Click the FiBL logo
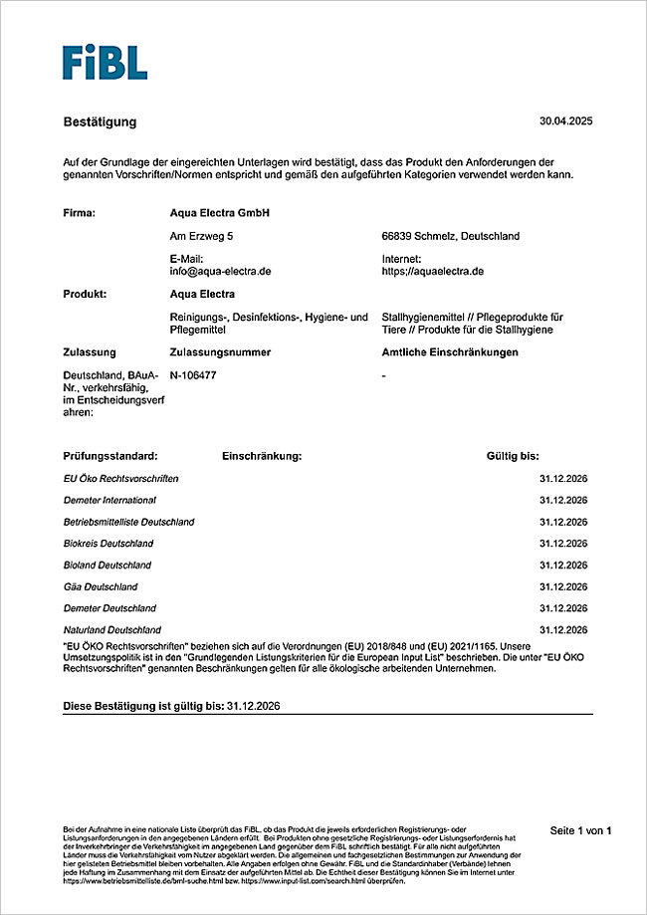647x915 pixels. tap(105, 62)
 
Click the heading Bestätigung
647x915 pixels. tap(100, 122)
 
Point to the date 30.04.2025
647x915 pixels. tap(565, 121)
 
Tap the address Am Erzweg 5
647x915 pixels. tap(202, 236)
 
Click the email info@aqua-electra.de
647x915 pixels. tap(221, 271)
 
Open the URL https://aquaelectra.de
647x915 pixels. tap(432, 271)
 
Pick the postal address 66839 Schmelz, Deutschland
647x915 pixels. tap(450, 236)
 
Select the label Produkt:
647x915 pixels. tap(85, 294)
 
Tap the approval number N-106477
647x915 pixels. tap(193, 375)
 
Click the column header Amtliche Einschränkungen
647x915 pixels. tap(449, 351)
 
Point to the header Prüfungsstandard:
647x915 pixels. tap(109, 456)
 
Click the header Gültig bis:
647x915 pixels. tap(513, 456)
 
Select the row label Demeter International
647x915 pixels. tap(109, 500)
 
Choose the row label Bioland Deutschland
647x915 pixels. tap(108, 565)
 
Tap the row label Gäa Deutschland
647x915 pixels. tap(101, 586)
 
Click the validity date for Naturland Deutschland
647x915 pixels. tap(563, 630)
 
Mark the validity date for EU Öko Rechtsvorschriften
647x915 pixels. tap(563, 479)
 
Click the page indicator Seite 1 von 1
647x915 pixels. tap(580, 829)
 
